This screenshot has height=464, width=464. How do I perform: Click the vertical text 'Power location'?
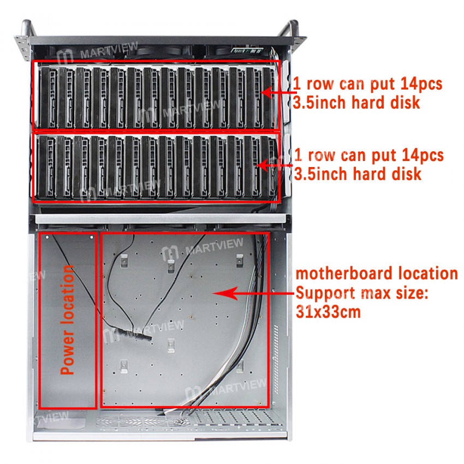[x=67, y=320]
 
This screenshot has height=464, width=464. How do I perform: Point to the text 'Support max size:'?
[x=362, y=293]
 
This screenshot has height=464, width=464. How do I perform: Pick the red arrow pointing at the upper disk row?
[x=276, y=93]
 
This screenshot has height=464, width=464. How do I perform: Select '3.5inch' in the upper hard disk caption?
[x=322, y=102]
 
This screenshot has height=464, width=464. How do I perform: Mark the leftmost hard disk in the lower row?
[x=47, y=166]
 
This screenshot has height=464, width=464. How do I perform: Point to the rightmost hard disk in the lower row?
[x=269, y=166]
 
